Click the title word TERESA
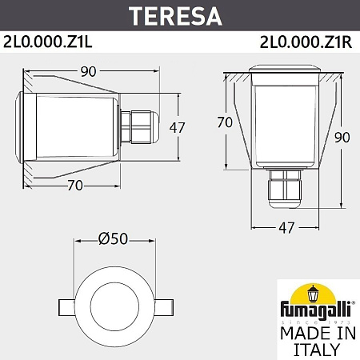[x=179, y=14]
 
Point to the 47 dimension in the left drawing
[x=181, y=126]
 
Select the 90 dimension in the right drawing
[x=342, y=137]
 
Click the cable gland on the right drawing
[x=285, y=190]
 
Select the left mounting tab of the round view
[x=66, y=306]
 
